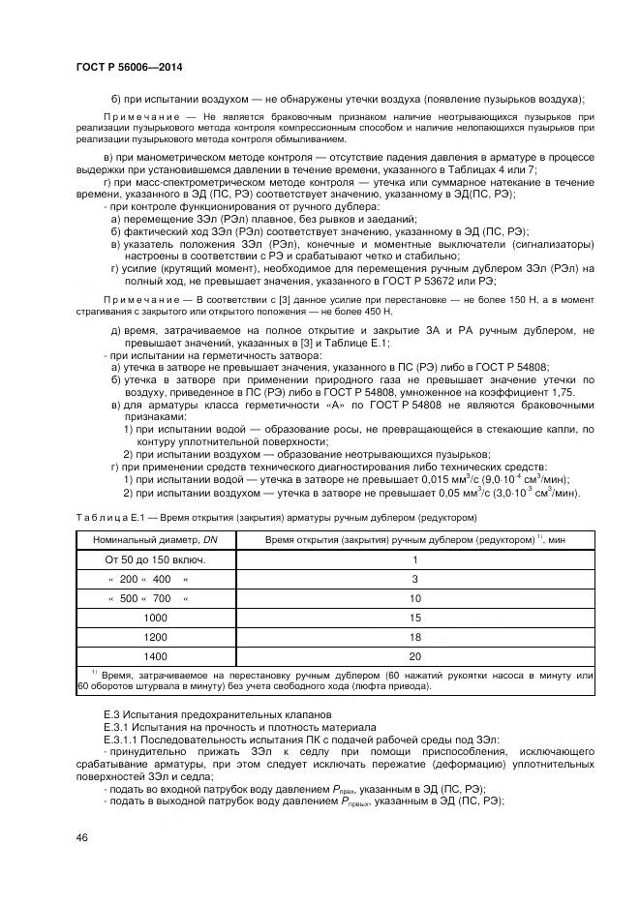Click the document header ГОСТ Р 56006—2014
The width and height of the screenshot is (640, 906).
pyautogui.click(x=129, y=67)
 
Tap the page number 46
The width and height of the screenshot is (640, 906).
pyautogui.click(x=81, y=836)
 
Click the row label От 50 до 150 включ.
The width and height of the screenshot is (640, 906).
pyautogui.click(x=149, y=559)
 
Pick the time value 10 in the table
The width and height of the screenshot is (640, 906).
pyautogui.click(x=414, y=599)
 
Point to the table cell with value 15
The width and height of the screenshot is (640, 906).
pyautogui.click(x=414, y=617)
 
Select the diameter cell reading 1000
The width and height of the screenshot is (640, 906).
pyautogui.click(x=155, y=617)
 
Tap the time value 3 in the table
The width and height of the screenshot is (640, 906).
pyautogui.click(x=414, y=579)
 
